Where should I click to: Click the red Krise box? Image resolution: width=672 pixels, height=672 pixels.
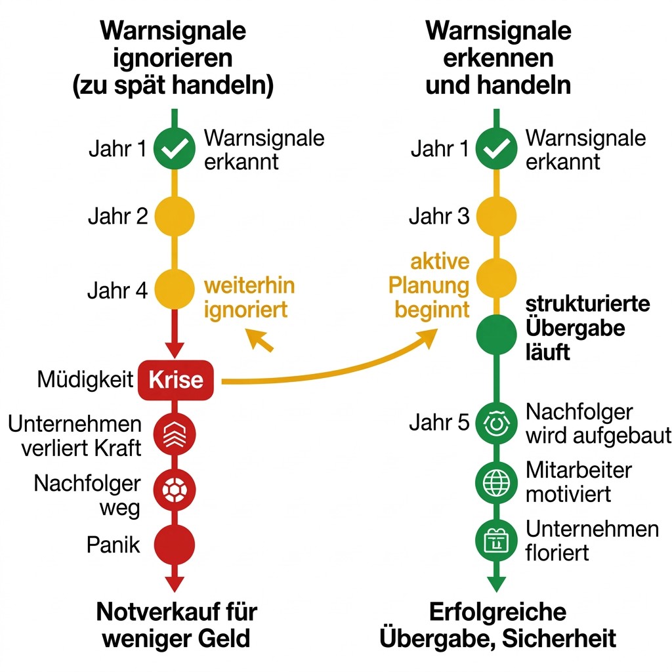coord(175,381)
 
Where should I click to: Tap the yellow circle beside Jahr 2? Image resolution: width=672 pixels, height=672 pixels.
coord(174,216)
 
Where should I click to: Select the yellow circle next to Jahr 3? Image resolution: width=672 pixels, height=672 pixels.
coord(496,216)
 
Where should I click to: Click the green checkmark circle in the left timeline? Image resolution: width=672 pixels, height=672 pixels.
coord(174,149)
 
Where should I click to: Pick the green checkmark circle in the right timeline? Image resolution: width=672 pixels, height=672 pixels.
coord(496,149)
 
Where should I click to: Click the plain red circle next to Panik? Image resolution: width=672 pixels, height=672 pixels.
coord(174,545)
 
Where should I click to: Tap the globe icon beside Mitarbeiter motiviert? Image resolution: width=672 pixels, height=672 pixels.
coord(496,482)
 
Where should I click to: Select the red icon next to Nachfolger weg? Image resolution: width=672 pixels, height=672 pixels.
coord(174,489)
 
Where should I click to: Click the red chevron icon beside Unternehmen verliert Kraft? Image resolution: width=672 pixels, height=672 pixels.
coord(174,434)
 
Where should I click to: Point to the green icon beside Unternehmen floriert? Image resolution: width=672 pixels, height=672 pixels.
coord(496,540)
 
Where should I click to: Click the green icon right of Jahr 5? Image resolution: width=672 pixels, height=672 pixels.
coord(496,422)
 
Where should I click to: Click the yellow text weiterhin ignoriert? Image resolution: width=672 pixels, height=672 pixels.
coord(249,297)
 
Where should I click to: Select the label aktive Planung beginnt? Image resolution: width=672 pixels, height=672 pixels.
coord(430,285)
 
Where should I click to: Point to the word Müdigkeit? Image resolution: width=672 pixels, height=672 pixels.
coord(85,380)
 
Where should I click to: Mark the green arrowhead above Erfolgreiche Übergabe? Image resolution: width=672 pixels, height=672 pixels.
coord(496,581)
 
